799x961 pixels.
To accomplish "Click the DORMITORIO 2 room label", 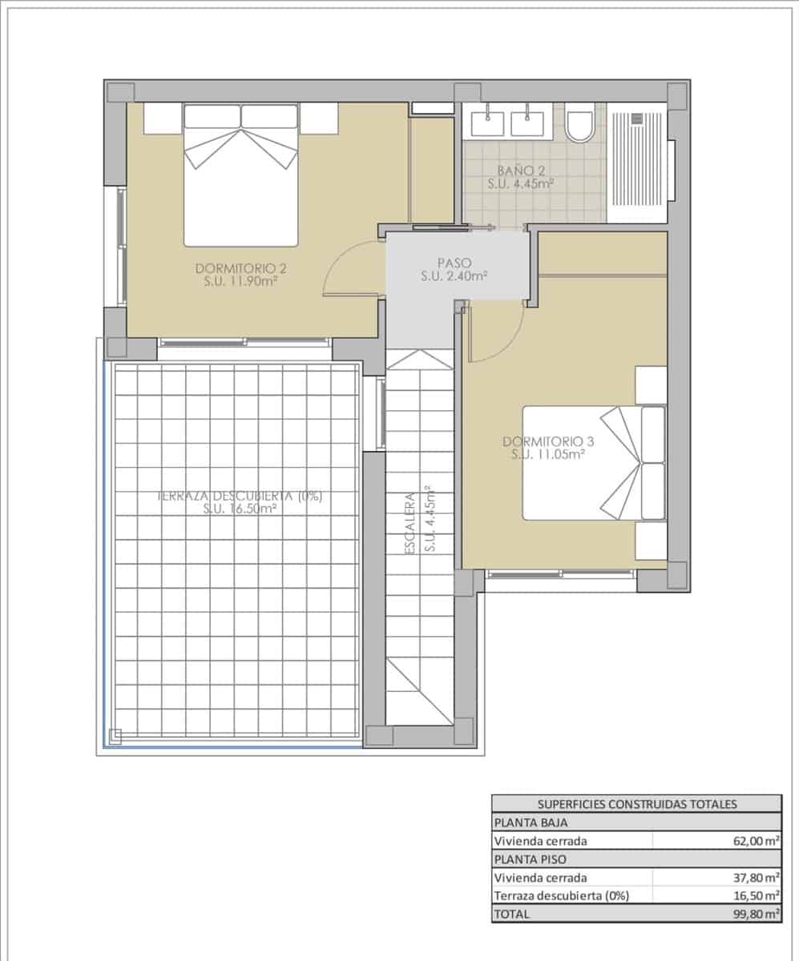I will [x=240, y=267].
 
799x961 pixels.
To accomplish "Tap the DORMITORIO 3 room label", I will [x=543, y=441].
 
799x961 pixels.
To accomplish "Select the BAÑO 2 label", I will [x=521, y=171].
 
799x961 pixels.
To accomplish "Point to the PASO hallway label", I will [x=454, y=263].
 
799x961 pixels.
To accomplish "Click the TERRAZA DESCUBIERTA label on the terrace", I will [x=240, y=496].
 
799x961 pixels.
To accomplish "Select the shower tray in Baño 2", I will [x=637, y=163].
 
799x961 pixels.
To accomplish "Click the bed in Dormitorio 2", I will [x=240, y=176].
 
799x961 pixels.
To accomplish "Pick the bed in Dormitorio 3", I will [x=593, y=463].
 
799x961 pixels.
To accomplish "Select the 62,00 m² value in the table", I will [x=756, y=841].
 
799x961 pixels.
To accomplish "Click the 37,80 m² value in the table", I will [x=756, y=877].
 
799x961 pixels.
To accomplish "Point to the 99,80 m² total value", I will [x=756, y=914].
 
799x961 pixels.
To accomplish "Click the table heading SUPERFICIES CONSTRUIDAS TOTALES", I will [x=636, y=805].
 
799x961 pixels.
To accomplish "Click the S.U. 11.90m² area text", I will [x=240, y=281].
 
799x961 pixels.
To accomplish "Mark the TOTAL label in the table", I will [x=512, y=914].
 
